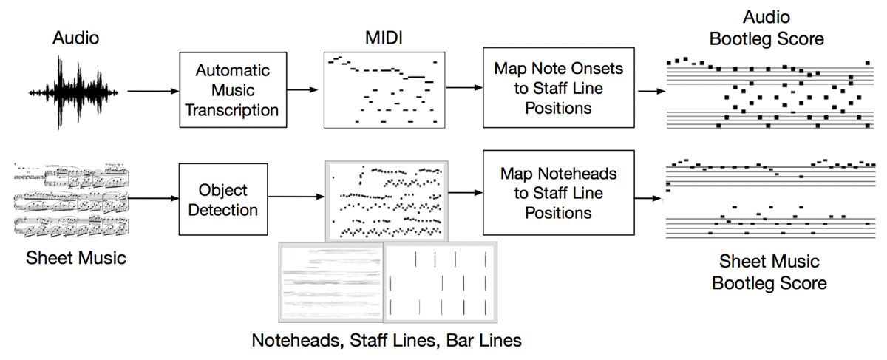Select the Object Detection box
[x=222, y=200]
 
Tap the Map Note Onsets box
[x=552, y=88]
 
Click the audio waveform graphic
[x=74, y=91]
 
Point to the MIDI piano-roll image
[x=386, y=89]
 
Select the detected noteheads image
[x=386, y=200]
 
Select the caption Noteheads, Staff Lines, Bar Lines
[x=387, y=341]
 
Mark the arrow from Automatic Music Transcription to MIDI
[x=304, y=89]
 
